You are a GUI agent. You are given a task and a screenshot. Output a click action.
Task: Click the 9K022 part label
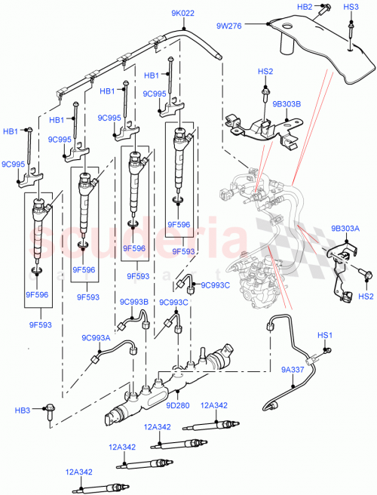[x=183, y=12]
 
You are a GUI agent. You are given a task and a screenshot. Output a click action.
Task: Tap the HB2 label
[x=304, y=7]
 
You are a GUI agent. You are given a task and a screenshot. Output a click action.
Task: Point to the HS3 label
[x=351, y=7]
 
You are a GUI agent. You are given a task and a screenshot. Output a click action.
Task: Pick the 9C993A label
[x=97, y=338]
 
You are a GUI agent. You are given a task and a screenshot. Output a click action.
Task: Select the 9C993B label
[x=132, y=302]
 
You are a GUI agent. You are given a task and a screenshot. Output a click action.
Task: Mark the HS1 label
[x=325, y=334]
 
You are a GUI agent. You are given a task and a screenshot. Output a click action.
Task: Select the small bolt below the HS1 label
[x=327, y=349]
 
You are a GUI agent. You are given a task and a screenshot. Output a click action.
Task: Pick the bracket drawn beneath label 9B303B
[x=256, y=128]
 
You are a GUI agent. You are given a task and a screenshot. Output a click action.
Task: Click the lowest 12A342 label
[x=78, y=472]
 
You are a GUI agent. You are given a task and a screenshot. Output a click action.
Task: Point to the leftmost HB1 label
[x=10, y=131]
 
